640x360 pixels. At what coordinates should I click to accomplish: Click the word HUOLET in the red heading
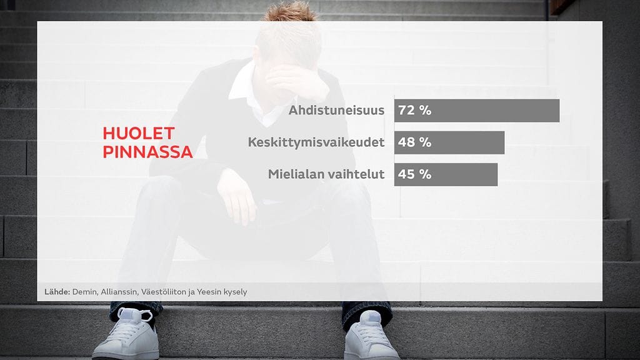coord(139,134)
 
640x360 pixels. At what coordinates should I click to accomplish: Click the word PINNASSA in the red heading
coord(147,152)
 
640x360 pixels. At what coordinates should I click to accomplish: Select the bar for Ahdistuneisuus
coord(477,110)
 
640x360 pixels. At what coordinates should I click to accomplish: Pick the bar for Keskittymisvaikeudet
coord(449,142)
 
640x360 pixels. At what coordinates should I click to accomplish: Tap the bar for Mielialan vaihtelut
coord(446,174)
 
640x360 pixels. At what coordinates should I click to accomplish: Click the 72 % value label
coord(415,110)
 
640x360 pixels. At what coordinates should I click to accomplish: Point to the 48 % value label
coord(415,142)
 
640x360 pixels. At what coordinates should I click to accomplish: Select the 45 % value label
coord(415,174)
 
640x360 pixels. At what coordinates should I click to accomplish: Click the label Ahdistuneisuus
coord(336,110)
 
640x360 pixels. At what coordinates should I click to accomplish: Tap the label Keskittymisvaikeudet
coord(316,142)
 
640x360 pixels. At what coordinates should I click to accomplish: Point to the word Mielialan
coord(295,174)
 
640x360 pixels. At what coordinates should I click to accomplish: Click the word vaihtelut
coord(355,174)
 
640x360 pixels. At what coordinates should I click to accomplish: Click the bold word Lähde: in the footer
coord(57,292)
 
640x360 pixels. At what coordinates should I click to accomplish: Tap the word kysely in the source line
coord(235,292)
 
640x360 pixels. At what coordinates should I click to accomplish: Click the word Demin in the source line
coord(85,292)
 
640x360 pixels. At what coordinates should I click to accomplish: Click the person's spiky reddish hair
coord(290,11)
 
